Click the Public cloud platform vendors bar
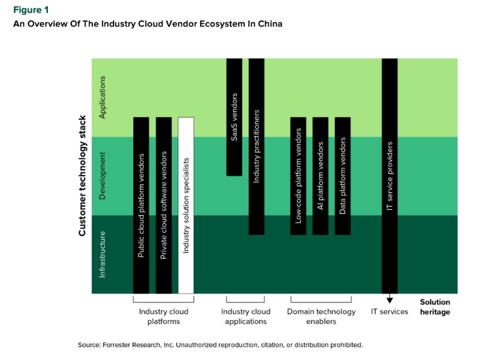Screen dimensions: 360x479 141,205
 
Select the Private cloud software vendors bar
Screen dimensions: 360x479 164,205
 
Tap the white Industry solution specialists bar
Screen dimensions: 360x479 186,205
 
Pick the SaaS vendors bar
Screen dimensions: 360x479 234,117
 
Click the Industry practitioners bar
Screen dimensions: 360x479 257,147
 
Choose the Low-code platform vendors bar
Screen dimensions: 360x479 298,176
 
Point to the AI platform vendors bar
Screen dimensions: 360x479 320,176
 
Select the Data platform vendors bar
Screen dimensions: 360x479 343,176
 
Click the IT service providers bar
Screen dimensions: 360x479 390,176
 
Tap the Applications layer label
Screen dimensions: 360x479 103,97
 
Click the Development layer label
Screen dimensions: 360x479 103,175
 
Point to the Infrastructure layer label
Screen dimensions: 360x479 103,254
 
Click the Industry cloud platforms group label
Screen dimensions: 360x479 164,316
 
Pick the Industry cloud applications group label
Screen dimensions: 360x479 246,316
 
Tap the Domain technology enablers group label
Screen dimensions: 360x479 321,316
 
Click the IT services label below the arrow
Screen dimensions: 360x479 390,312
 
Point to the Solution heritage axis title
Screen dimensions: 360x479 435,307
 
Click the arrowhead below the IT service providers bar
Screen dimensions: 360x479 390,299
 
